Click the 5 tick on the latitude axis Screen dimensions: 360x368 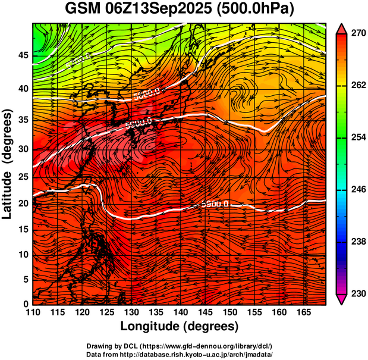click(x=25, y=279)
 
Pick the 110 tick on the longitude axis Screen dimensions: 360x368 click(x=33, y=312)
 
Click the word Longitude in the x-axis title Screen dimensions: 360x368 click(x=151, y=326)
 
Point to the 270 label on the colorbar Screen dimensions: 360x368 click(x=358, y=35)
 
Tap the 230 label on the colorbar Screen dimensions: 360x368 click(x=358, y=293)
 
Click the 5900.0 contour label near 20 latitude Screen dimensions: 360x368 click(x=215, y=204)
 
